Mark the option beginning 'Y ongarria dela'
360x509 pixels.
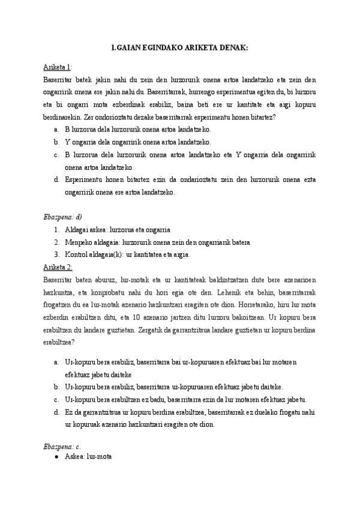137,142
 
